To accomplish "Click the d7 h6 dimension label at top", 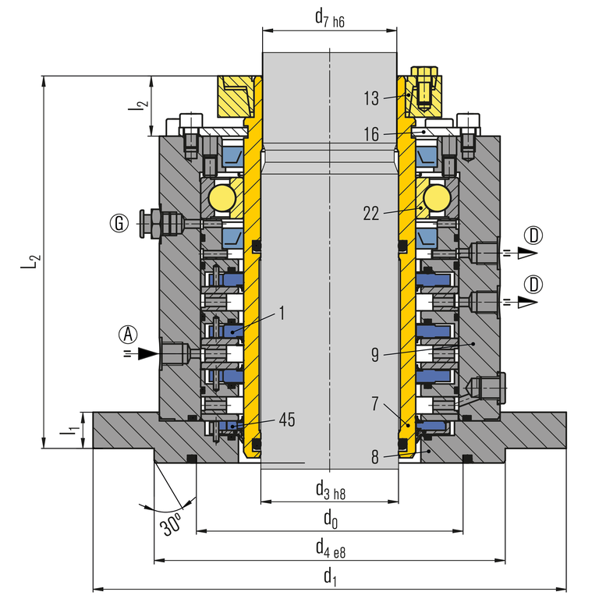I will (x=329, y=16).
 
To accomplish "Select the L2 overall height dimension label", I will (x=30, y=262).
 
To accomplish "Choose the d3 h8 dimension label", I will (x=330, y=489).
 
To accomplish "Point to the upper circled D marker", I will (x=533, y=235).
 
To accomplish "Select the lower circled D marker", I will (x=533, y=282).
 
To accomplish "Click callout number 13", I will (x=370, y=98).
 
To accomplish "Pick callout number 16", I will (x=370, y=135).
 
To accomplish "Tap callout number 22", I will (x=370, y=213).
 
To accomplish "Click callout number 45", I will (x=286, y=420).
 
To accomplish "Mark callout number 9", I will (x=374, y=355).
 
